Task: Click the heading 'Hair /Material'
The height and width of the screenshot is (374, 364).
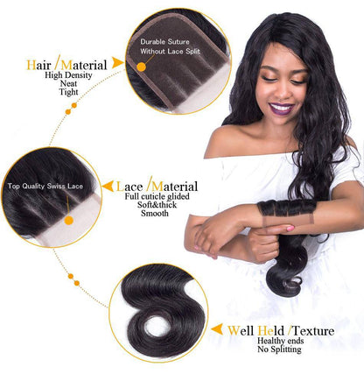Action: pos(66,65)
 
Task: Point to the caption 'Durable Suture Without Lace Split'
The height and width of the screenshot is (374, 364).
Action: pos(170,46)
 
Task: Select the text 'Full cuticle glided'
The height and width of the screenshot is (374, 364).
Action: pos(155,198)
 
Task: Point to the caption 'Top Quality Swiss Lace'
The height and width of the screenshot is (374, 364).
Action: pos(45,187)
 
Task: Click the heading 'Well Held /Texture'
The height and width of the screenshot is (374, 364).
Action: pos(270,331)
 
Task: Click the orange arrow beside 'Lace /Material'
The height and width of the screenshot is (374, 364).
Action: pos(108,187)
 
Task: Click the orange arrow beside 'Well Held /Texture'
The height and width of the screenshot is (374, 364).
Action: pos(216,331)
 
